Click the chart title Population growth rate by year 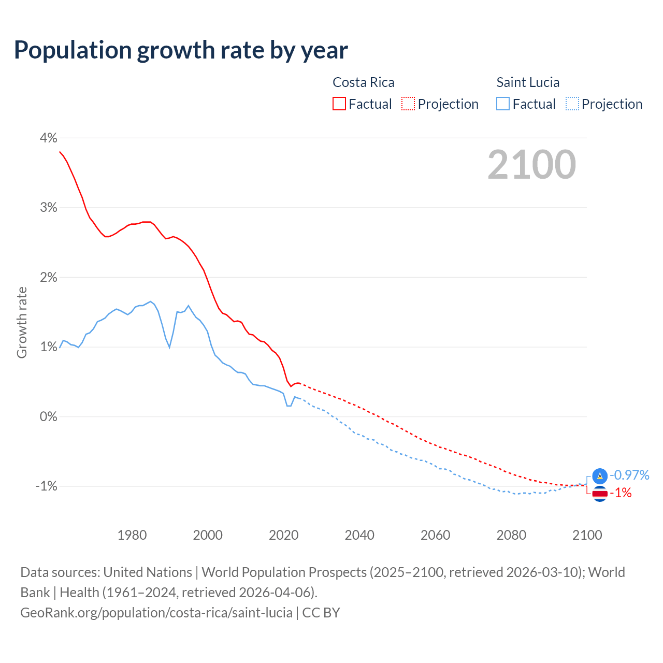[181, 50]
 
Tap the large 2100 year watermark [531, 165]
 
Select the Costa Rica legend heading [363, 82]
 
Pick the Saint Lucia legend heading [528, 82]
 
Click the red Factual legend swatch [339, 104]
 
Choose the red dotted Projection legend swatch [408, 104]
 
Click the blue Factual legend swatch [503, 104]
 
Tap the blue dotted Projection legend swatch [572, 104]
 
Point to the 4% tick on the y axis [48, 138]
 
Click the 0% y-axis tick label [48, 416]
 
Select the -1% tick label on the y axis [46, 486]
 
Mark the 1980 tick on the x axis [132, 535]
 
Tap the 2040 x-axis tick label [359, 535]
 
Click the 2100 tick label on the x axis [587, 535]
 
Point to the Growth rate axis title [22, 322]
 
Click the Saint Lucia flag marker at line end [600, 476]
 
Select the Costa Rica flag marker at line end [600, 494]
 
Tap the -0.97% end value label [629, 475]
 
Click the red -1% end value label [621, 493]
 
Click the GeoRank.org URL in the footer [156, 613]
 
